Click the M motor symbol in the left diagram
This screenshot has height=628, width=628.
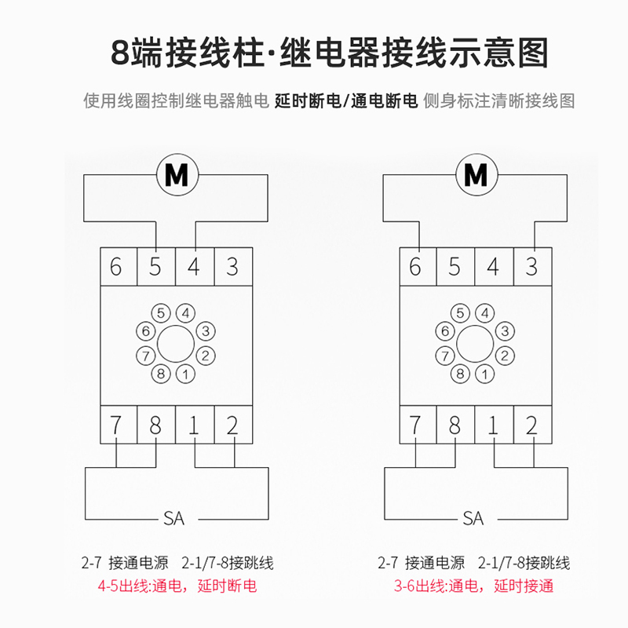pyautogui.click(x=176, y=175)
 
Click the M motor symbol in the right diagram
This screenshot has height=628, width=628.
pyautogui.click(x=476, y=175)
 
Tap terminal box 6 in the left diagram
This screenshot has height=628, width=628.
pyautogui.click(x=117, y=267)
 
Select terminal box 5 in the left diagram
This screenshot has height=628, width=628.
pyautogui.click(x=155, y=267)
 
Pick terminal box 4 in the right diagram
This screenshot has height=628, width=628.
pyautogui.click(x=493, y=267)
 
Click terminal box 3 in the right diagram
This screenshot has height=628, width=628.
pyautogui.click(x=531, y=267)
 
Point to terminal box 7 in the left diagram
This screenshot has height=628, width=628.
pyautogui.click(x=117, y=426)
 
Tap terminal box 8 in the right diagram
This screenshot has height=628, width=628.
pyautogui.click(x=455, y=426)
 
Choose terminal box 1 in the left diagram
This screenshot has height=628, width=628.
pyautogui.click(x=194, y=426)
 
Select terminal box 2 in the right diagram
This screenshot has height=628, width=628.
pyautogui.click(x=531, y=426)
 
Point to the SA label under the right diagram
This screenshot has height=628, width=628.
pyautogui.click(x=473, y=519)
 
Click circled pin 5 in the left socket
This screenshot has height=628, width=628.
pyautogui.click(x=162, y=313)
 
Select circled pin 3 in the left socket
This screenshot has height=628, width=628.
pyautogui.click(x=206, y=330)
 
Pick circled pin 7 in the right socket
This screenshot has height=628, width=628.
pyautogui.click(x=445, y=355)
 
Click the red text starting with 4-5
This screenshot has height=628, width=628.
pyautogui.click(x=177, y=586)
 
